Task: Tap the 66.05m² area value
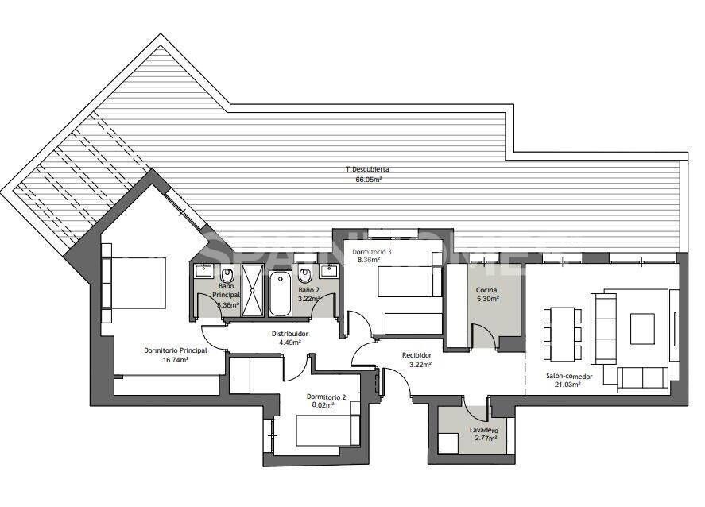368,180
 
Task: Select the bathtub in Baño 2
280,293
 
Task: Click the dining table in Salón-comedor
563,333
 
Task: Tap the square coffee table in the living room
642,327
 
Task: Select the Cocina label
487,290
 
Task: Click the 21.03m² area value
564,385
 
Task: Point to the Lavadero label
483,430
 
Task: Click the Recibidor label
416,355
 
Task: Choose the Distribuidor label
290,334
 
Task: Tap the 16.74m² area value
176,359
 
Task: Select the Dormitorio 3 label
372,251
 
